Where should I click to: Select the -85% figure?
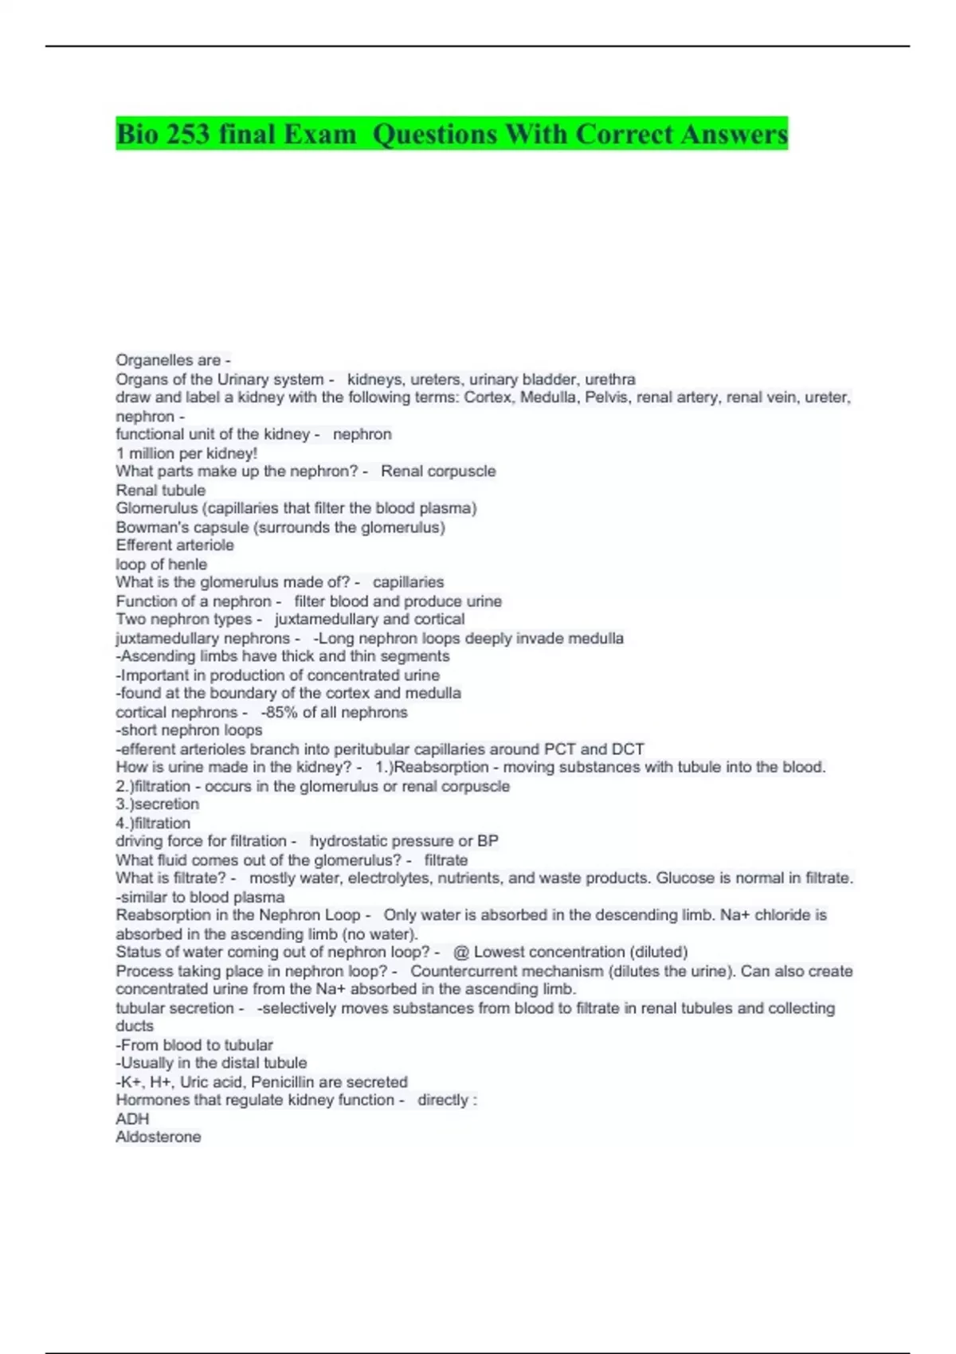tap(279, 712)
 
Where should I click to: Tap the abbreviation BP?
tap(488, 841)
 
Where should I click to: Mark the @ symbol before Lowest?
tap(460, 952)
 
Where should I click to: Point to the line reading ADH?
tap(132, 1118)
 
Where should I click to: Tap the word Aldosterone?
tap(159, 1137)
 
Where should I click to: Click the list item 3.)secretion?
tap(158, 804)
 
